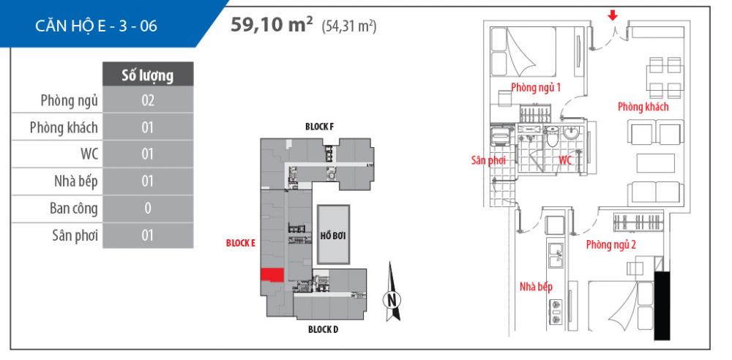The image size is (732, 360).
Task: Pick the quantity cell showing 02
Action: (147, 100)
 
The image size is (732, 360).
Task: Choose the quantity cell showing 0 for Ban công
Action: (147, 209)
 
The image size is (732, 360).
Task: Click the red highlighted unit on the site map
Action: (273, 274)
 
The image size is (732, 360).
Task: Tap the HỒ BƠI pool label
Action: (332, 236)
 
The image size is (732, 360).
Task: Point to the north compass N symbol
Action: (393, 299)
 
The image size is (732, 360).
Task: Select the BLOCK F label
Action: (320, 127)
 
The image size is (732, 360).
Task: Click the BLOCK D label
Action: (322, 330)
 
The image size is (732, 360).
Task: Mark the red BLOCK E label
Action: (240, 244)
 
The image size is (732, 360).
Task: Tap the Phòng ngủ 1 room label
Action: (536, 88)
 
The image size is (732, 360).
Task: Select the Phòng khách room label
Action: (643, 108)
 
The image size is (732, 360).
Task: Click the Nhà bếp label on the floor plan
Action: (536, 287)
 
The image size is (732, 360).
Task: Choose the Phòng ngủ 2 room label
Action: (610, 245)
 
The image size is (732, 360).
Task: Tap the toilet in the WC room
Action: (553, 139)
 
